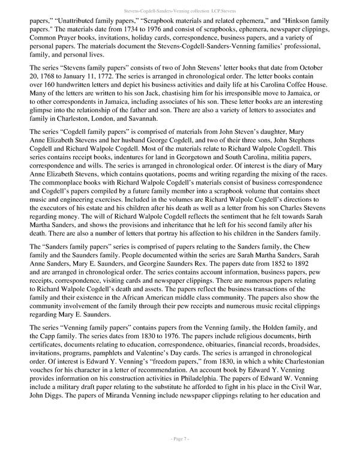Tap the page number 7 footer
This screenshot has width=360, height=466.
(x=180, y=456)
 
